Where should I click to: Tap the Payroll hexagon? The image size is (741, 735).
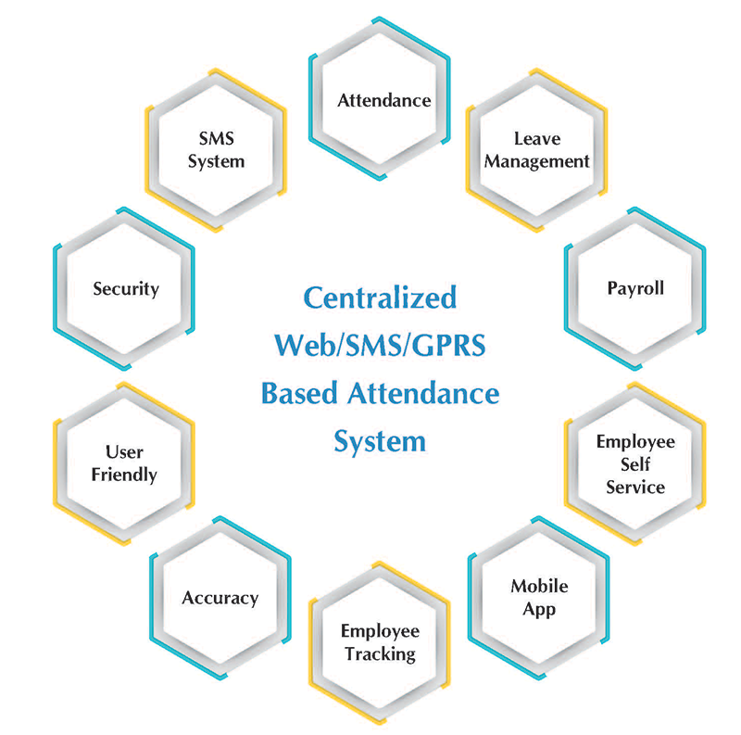click(x=635, y=288)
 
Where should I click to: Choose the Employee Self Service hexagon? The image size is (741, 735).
click(x=635, y=463)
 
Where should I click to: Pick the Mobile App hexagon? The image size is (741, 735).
click(x=539, y=598)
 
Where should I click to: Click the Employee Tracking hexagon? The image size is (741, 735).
click(x=380, y=642)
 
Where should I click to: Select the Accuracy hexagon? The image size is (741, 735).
click(x=220, y=598)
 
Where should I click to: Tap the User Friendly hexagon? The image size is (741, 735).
click(x=124, y=463)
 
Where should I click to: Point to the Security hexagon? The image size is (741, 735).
click(x=125, y=288)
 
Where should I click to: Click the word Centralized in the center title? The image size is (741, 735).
click(x=381, y=298)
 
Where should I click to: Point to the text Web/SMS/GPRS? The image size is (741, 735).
click(x=381, y=346)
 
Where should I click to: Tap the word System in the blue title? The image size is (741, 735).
click(x=380, y=439)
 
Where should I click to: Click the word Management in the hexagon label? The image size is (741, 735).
click(x=537, y=161)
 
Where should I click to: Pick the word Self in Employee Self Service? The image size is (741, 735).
click(x=635, y=464)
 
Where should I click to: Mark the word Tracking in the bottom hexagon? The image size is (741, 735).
click(x=380, y=654)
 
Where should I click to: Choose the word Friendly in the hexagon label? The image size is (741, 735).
click(x=124, y=475)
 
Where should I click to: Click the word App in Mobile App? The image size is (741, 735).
click(x=539, y=609)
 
